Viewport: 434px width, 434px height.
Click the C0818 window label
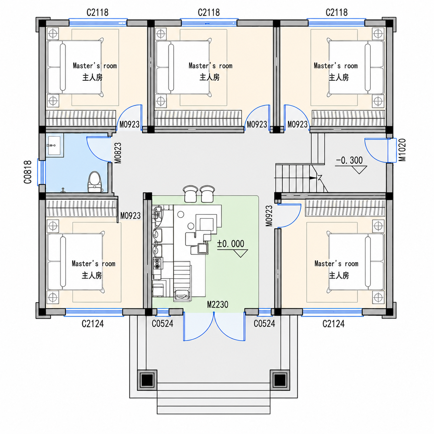pos(27,172)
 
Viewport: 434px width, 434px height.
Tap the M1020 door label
pos(402,150)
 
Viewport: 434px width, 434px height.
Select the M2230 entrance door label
pos(218,305)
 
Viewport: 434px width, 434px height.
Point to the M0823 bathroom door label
pos(118,153)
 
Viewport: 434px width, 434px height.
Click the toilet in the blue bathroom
pos(94,182)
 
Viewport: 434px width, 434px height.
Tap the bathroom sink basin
pos(54,145)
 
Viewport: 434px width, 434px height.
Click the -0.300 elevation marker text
pos(349,160)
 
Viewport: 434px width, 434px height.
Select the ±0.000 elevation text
pos(230,244)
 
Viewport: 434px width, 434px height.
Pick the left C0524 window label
pos(162,324)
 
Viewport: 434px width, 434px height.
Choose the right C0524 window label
pos(264,324)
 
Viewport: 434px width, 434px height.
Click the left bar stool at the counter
pos(191,194)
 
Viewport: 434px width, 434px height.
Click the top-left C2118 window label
pos(97,12)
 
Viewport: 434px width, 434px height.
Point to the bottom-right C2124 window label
pos(333,324)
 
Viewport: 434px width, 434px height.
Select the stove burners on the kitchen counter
pos(158,264)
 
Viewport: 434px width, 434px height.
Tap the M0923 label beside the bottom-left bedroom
pos(130,216)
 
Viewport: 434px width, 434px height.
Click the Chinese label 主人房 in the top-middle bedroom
pos(209,77)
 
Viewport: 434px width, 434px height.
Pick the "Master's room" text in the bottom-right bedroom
pos(336,263)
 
